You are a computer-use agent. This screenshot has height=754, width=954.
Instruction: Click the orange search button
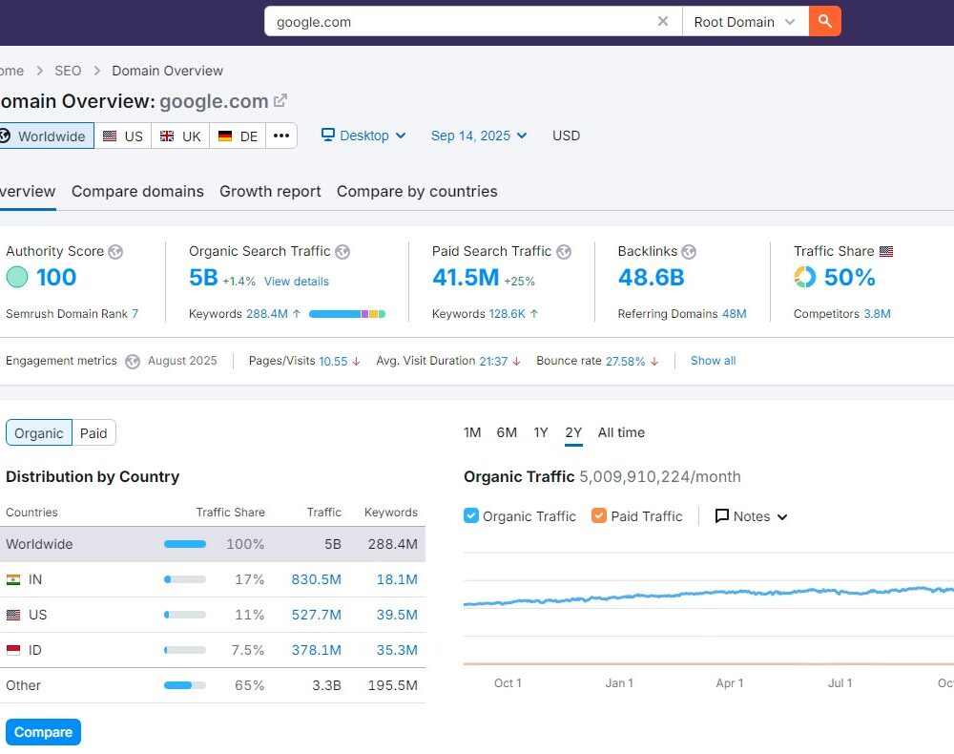pyautogui.click(x=824, y=21)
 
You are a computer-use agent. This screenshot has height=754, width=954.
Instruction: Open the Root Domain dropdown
pyautogui.click(x=744, y=22)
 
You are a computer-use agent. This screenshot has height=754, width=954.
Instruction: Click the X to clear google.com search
pyautogui.click(x=663, y=21)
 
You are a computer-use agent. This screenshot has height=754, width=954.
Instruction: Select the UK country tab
pyautogui.click(x=180, y=136)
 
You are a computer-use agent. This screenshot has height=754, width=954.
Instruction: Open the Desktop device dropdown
pyautogui.click(x=363, y=136)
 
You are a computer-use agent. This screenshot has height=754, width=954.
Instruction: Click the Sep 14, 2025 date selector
pyautogui.click(x=478, y=136)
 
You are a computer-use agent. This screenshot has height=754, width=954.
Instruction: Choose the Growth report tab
pyautogui.click(x=270, y=191)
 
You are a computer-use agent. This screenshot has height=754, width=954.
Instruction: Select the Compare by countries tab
pyautogui.click(x=417, y=191)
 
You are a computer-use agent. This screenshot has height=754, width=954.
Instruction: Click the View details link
pyautogui.click(x=297, y=282)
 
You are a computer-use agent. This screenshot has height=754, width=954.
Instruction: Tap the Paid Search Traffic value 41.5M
pyautogui.click(x=466, y=278)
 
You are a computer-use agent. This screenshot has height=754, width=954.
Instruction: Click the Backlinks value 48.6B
pyautogui.click(x=651, y=278)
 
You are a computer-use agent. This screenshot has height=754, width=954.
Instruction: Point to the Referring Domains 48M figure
pyautogui.click(x=734, y=313)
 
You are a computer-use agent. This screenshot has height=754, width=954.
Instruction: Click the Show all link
pyautogui.click(x=713, y=361)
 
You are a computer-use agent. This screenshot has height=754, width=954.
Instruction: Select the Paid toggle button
pyautogui.click(x=93, y=433)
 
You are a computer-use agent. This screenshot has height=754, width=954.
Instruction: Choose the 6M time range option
pyautogui.click(x=507, y=432)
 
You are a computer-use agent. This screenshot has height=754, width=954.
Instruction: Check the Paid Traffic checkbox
pyautogui.click(x=599, y=516)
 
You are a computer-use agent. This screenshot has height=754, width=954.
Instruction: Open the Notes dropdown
pyautogui.click(x=752, y=516)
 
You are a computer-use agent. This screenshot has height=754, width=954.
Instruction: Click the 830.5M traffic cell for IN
pyautogui.click(x=316, y=579)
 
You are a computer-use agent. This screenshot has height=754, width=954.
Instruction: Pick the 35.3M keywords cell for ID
pyautogui.click(x=397, y=650)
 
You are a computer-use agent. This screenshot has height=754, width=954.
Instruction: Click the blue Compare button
pyautogui.click(x=43, y=732)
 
